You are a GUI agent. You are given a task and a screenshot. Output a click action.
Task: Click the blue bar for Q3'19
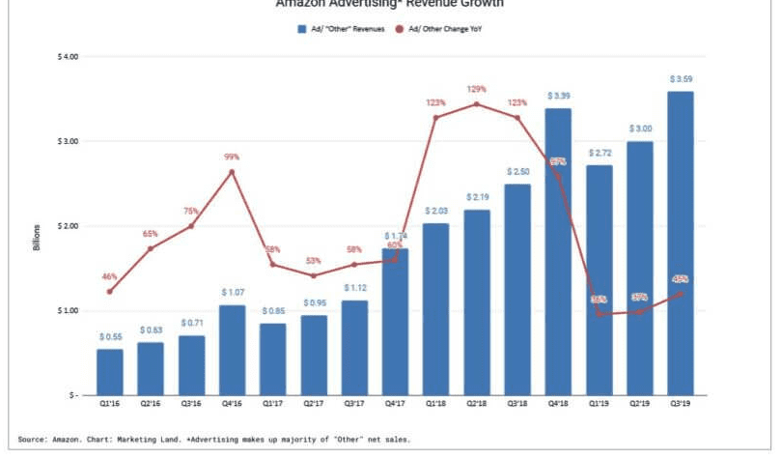click(680, 242)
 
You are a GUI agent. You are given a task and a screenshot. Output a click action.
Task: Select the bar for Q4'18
click(558, 251)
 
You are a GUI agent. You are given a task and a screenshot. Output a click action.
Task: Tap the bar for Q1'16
click(109, 372)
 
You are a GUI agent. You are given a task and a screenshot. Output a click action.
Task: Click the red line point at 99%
click(232, 172)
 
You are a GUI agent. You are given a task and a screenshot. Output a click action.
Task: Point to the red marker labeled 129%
click(476, 104)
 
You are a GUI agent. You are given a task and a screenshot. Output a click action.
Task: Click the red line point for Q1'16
click(109, 292)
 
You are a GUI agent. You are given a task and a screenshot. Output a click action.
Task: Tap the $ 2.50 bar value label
click(516, 171)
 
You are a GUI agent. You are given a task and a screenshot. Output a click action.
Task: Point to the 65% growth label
click(150, 234)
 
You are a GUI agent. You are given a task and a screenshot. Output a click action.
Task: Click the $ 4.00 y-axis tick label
click(68, 57)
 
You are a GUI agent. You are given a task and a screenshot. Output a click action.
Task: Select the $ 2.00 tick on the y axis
click(68, 226)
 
